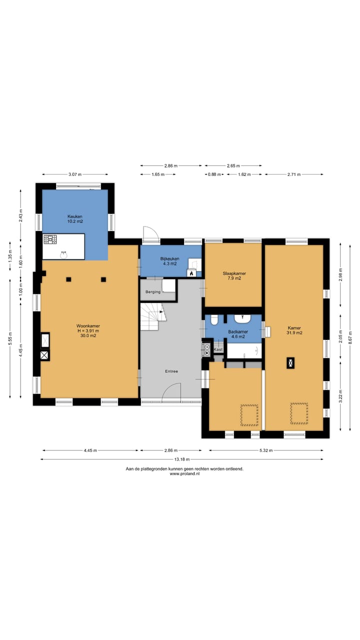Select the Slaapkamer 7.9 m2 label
click(234, 275)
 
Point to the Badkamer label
click(238, 331)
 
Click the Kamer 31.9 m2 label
click(294, 330)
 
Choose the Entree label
click(171, 371)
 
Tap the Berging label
click(153, 291)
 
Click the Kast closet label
click(218, 349)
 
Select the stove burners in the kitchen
click(50, 239)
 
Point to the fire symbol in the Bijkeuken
click(191, 273)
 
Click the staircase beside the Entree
click(153, 316)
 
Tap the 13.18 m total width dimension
click(181, 459)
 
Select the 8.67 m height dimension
click(350, 337)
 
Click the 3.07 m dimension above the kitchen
click(75, 174)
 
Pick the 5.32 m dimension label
click(266, 450)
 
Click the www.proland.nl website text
click(184, 473)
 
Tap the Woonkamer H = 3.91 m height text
click(88, 330)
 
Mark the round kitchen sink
click(63, 254)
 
